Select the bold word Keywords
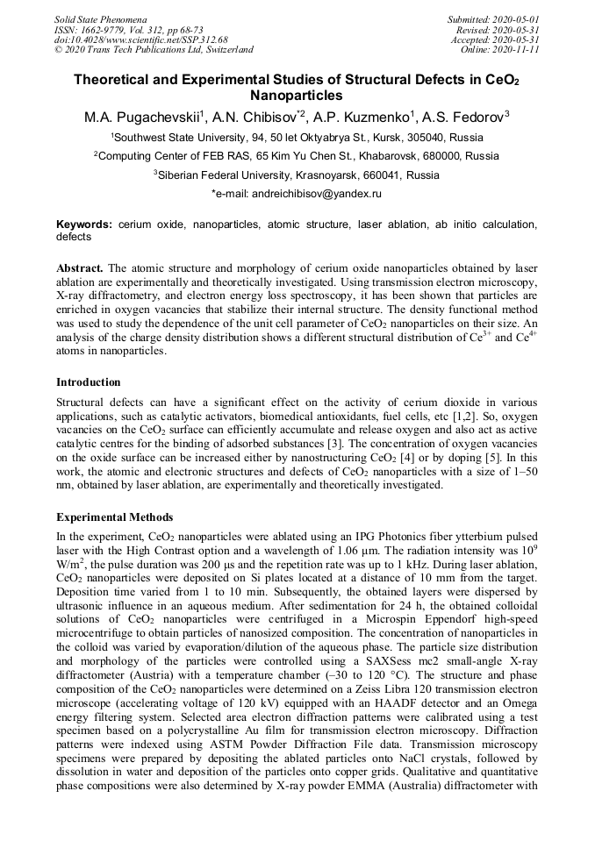(85, 225)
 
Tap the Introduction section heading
(89, 382)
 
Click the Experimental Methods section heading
(115, 517)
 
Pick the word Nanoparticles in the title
(297, 96)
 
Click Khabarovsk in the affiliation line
(388, 156)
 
